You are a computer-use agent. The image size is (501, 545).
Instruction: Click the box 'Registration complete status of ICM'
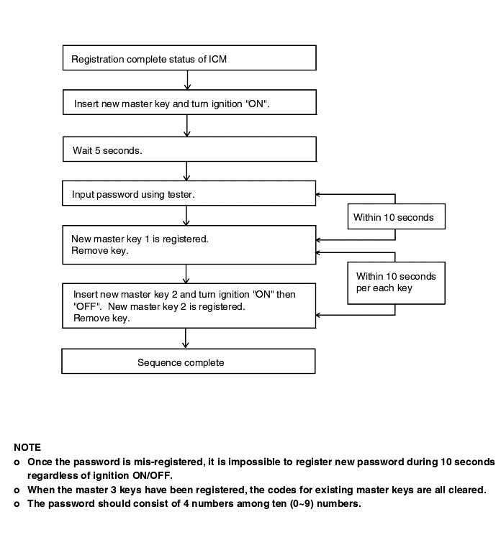[x=189, y=58]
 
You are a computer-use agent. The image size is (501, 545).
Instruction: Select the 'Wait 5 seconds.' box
[x=189, y=149]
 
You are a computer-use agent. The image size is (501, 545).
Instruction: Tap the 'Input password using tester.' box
[x=189, y=193]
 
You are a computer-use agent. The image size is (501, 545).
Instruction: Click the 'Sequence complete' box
[x=188, y=362]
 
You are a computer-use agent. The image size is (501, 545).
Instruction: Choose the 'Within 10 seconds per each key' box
[x=397, y=283]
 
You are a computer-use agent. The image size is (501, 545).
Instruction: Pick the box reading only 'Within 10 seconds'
[x=397, y=216]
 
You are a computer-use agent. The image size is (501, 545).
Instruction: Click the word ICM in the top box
[x=218, y=59]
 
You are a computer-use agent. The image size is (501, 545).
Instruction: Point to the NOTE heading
[x=27, y=447]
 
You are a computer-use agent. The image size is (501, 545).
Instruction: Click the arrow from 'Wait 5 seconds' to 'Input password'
[x=186, y=171]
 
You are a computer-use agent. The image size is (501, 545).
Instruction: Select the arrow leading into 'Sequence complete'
[x=186, y=339]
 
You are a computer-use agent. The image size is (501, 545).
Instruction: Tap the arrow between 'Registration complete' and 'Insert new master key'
[x=188, y=80]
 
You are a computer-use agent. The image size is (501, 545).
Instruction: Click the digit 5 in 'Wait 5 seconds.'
[x=97, y=150]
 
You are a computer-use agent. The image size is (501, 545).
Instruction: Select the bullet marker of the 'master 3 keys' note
[x=17, y=490]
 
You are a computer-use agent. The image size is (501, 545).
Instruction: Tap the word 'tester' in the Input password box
[x=181, y=194]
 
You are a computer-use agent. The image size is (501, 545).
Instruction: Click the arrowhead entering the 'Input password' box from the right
[x=317, y=194]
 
